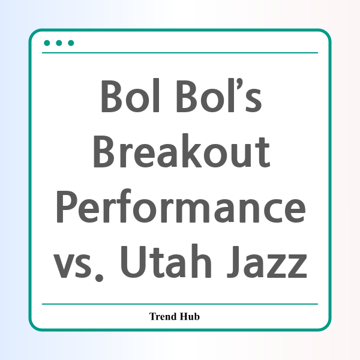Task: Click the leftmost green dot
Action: pyautogui.click(x=47, y=43)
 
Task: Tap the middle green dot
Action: pyautogui.click(x=59, y=43)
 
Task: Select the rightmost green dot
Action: pyautogui.click(x=71, y=43)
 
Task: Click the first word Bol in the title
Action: pyautogui.click(x=130, y=95)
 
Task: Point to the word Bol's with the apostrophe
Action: pyautogui.click(x=220, y=95)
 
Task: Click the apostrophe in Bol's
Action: pyautogui.click(x=239, y=83)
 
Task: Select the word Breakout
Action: pyautogui.click(x=181, y=151)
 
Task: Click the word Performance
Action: pyautogui.click(x=181, y=206)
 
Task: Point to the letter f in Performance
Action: pyautogui.click(x=124, y=206)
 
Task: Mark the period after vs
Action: pyautogui.click(x=100, y=278)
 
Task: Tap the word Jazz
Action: pyautogui.click(x=267, y=262)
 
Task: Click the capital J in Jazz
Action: pyautogui.click(x=233, y=262)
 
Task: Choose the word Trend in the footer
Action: pyautogui.click(x=163, y=316)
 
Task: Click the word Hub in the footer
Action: pyautogui.click(x=190, y=316)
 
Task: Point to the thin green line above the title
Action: pyautogui.click(x=180, y=53)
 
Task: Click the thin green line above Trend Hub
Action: pyautogui.click(x=180, y=304)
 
